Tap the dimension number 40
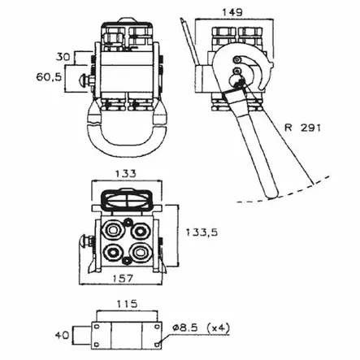tap(59, 333)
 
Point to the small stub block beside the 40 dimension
tap(80, 333)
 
